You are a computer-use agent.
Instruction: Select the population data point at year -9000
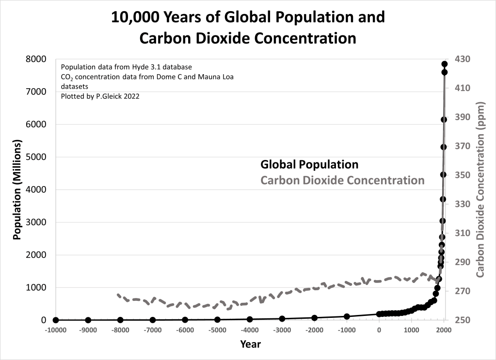click(88, 320)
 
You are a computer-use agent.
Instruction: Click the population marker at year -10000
click(56, 320)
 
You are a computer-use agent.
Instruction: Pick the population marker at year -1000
click(347, 316)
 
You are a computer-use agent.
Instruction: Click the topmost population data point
click(444, 64)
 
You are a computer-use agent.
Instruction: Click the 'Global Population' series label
click(309, 164)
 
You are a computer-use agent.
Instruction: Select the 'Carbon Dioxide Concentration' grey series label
click(342, 180)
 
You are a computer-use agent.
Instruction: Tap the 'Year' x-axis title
click(250, 344)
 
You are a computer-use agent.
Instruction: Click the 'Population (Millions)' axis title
click(17, 189)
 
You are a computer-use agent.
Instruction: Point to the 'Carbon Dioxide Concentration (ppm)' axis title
click(480, 189)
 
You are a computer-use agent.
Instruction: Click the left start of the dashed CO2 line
click(118, 294)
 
